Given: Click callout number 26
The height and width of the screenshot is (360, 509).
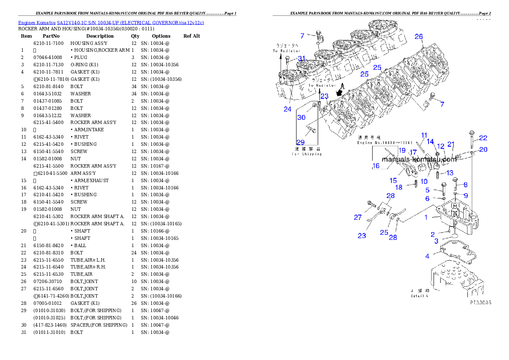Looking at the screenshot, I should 418,36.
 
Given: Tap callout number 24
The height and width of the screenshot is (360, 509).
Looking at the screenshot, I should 287,109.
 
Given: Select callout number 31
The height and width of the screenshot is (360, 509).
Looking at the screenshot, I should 302,59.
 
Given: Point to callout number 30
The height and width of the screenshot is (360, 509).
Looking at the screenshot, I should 301,117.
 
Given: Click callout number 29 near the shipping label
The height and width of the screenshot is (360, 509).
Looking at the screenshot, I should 301,142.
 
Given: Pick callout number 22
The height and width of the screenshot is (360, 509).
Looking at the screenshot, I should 483,138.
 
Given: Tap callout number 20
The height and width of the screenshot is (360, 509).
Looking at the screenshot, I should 483,150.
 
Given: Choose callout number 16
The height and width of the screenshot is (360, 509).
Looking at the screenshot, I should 376,166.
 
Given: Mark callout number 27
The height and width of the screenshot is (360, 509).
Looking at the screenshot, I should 358,217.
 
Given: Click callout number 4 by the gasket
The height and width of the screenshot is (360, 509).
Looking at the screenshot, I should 427,257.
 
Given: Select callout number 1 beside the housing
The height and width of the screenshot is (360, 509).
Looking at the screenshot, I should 426,217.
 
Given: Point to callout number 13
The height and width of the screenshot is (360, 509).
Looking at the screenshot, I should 450,173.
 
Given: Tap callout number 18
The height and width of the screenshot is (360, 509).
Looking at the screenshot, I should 399,187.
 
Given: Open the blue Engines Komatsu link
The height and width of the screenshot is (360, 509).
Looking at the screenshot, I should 111,22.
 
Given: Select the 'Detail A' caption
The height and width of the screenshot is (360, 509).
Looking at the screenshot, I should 419,296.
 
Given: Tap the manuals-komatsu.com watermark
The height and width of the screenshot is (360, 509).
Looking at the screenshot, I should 419,159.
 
